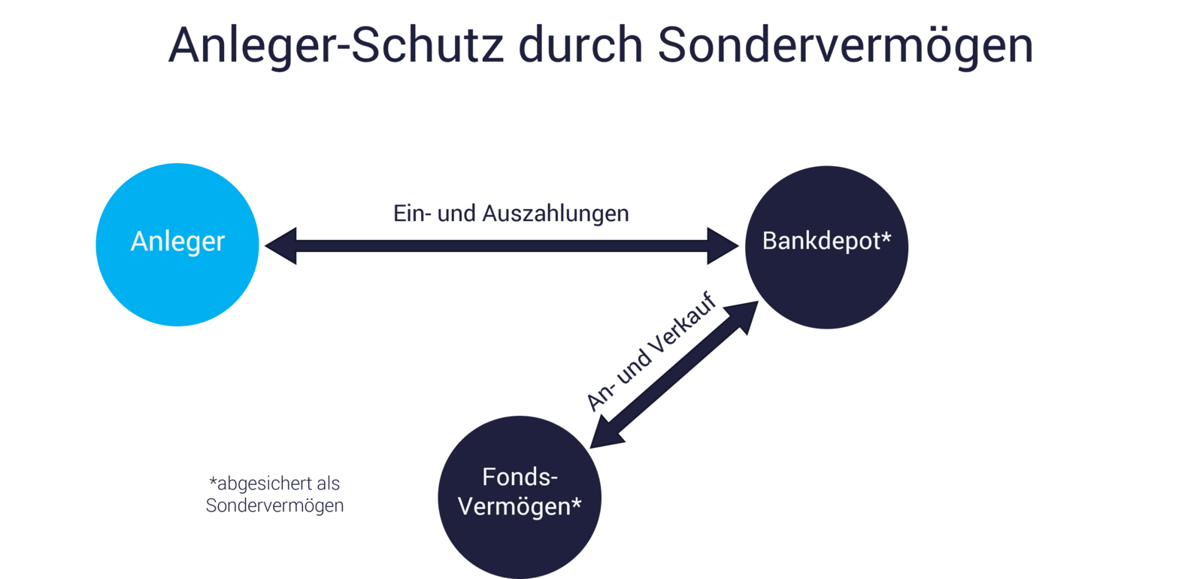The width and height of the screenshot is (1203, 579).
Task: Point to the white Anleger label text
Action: click(x=177, y=241)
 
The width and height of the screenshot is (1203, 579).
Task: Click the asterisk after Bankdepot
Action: click(x=886, y=238)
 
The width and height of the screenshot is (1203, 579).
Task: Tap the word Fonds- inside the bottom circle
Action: click(x=520, y=477)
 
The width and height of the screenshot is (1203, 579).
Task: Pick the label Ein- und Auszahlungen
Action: click(x=511, y=214)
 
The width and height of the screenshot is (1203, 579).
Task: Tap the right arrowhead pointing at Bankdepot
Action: click(x=723, y=245)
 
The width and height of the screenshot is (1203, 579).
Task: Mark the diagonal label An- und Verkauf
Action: click(x=651, y=351)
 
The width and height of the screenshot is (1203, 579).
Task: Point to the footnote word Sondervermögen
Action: click(x=274, y=505)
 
